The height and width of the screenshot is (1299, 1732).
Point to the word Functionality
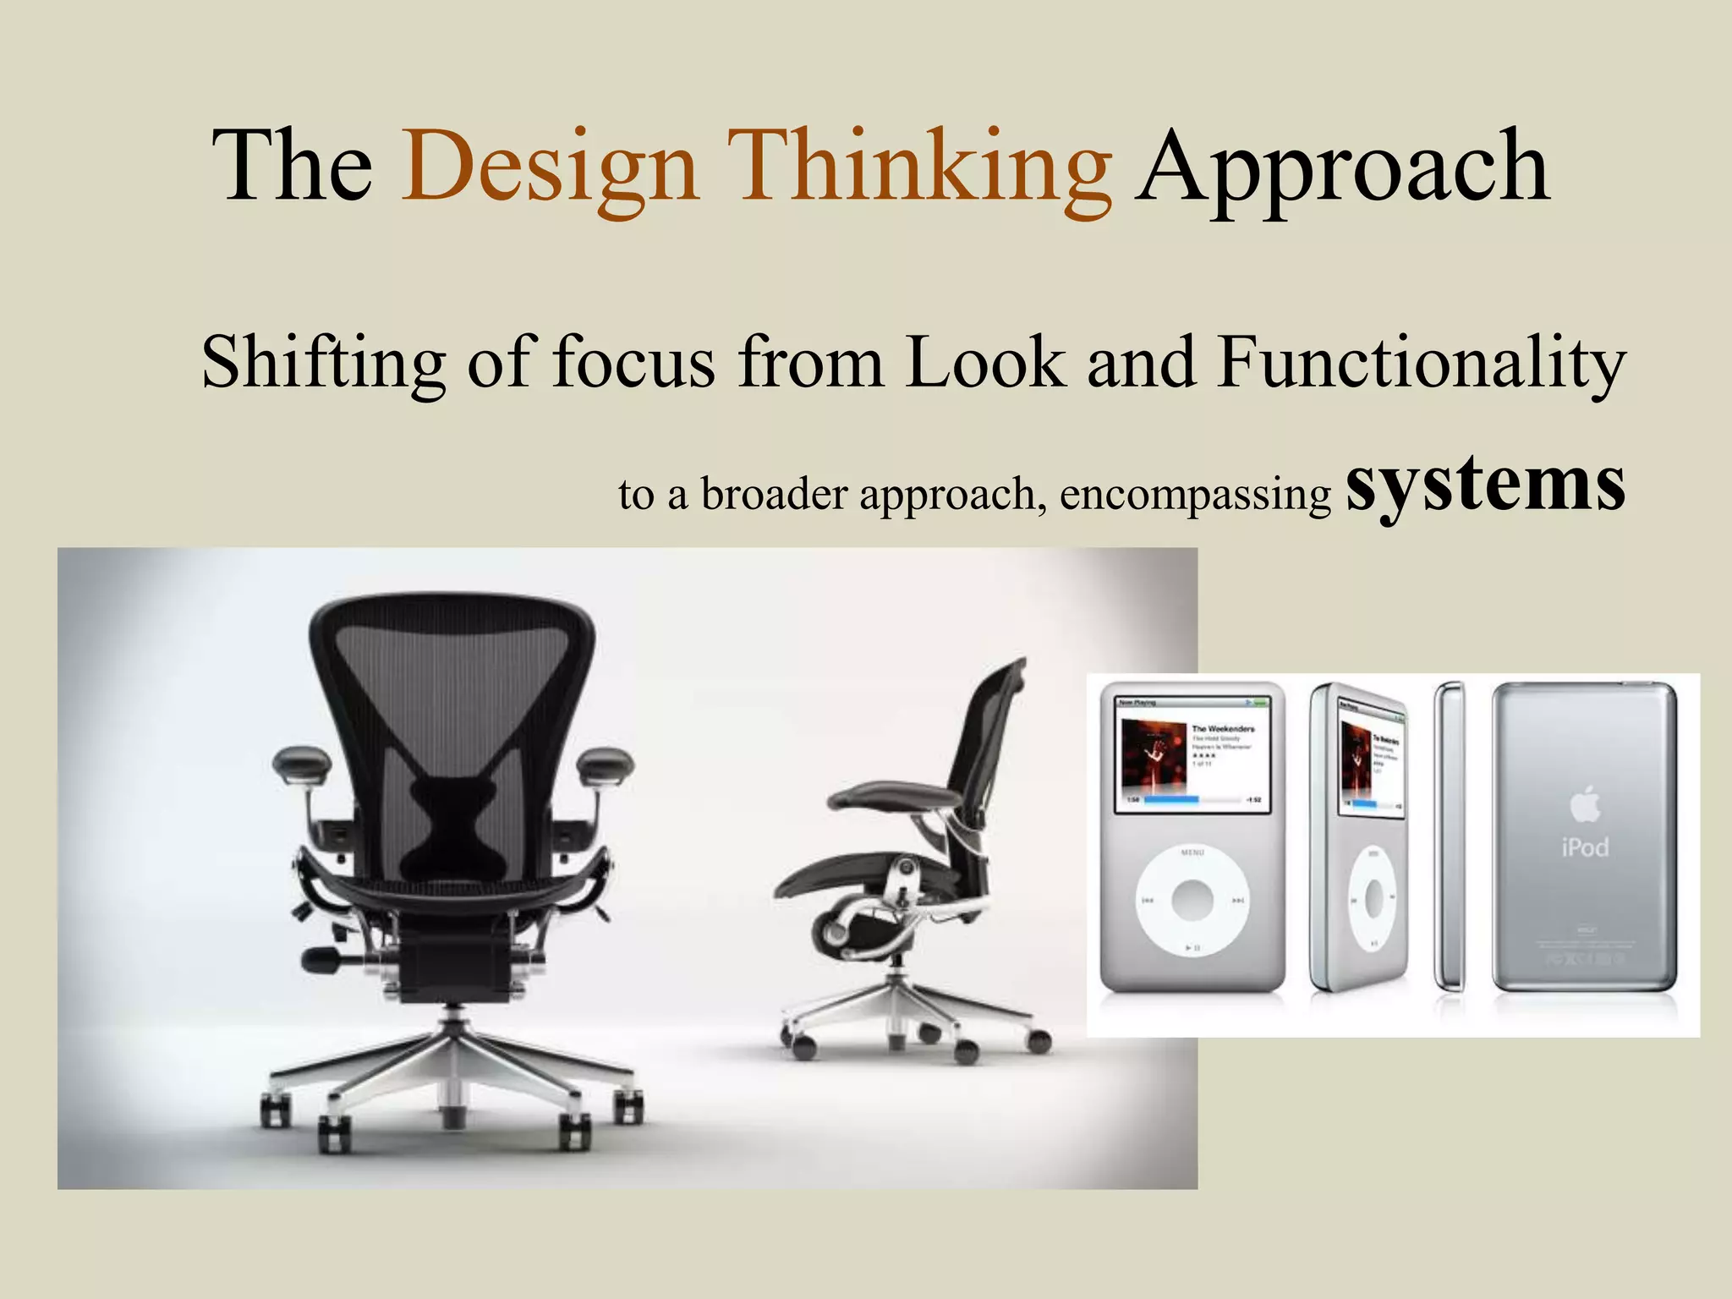tap(1422, 362)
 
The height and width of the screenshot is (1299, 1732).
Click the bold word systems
tap(1485, 483)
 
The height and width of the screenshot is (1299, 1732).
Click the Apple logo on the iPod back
tap(1585, 804)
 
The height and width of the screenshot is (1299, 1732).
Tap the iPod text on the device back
tap(1585, 847)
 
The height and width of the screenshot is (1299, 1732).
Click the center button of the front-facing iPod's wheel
tap(1192, 900)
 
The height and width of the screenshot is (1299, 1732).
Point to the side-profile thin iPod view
tap(1450, 837)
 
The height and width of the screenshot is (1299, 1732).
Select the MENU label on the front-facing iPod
tap(1192, 853)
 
